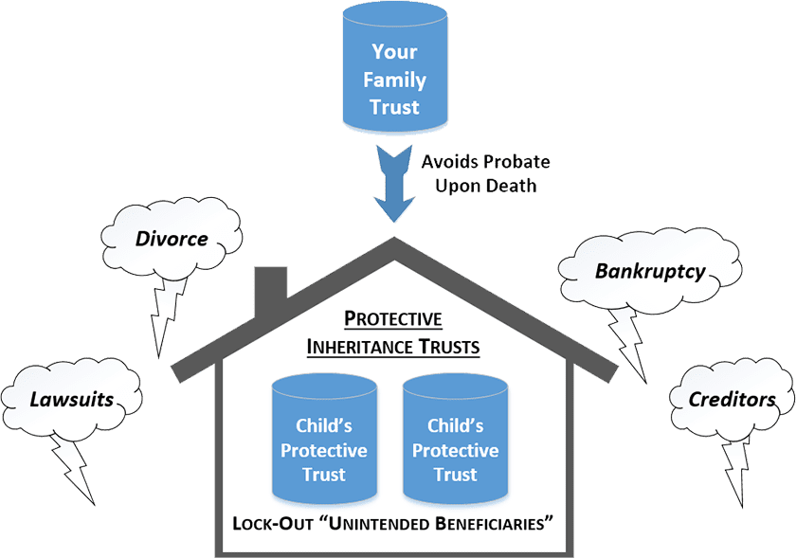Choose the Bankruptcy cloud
pos(649,271)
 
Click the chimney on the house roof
pos(273,282)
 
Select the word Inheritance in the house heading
pos(364,347)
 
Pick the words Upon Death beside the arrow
pos(486,186)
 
